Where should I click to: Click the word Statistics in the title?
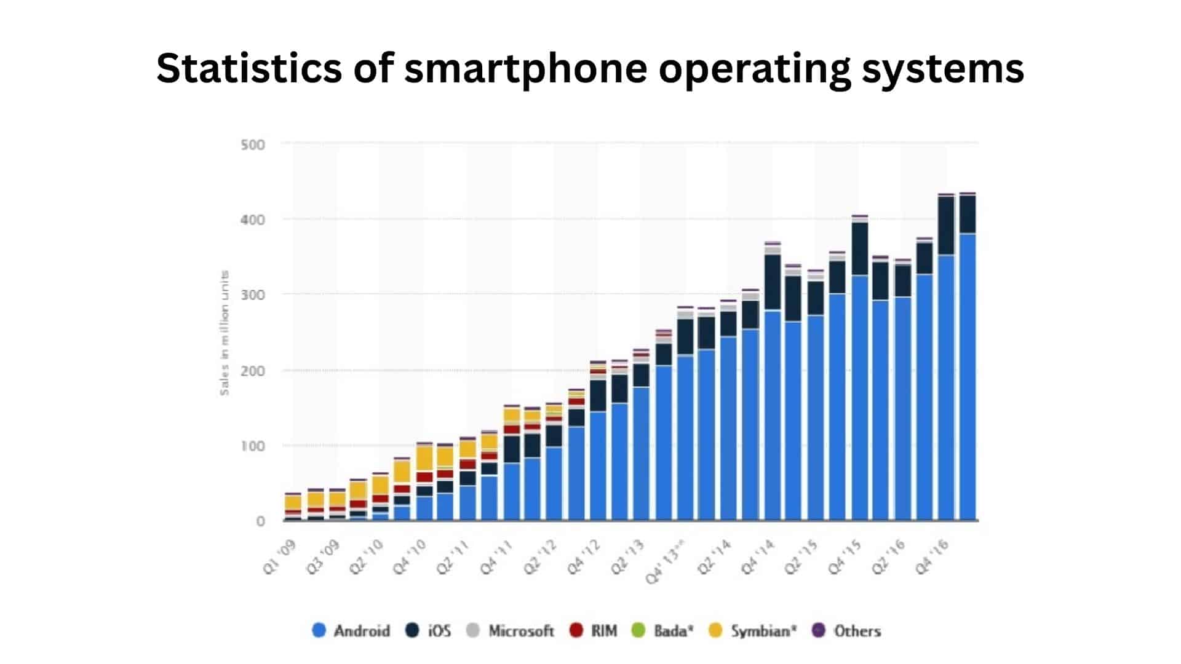[249, 68]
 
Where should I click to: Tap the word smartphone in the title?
[525, 69]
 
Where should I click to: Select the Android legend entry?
[351, 631]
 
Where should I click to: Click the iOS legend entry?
[429, 631]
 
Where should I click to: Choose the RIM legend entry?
[593, 631]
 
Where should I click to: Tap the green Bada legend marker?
[638, 631]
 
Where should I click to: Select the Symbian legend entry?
[752, 631]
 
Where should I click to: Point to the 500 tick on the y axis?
[253, 145]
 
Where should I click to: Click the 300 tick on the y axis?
[253, 295]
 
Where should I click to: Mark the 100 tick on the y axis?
[253, 446]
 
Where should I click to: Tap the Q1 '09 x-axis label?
[280, 557]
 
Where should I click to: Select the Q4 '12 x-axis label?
[584, 557]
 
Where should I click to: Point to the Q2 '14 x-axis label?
[715, 557]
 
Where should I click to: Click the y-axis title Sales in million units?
[225, 333]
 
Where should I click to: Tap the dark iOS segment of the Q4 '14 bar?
[773, 282]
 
